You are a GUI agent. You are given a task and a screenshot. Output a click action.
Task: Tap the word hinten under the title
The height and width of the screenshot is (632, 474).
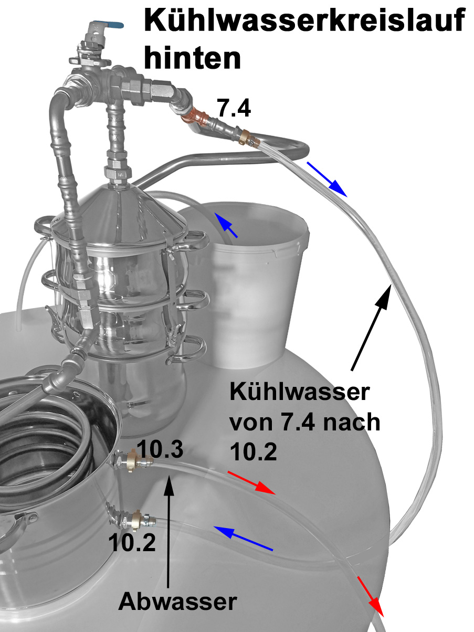click(x=192, y=58)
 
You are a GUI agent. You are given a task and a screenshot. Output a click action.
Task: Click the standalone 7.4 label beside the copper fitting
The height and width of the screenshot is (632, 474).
click(x=234, y=108)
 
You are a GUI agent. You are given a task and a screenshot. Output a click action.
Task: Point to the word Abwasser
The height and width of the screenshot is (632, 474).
click(x=177, y=601)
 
